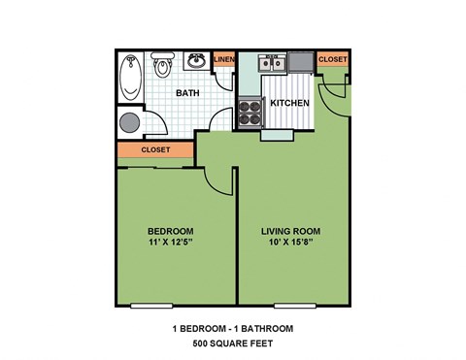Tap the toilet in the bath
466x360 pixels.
(162, 66)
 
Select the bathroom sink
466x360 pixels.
(196, 61)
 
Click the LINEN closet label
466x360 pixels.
(223, 60)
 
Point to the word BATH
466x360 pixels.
(187, 93)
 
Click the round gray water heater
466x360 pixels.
(129, 122)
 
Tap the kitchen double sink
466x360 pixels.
(272, 64)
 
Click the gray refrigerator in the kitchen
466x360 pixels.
(300, 62)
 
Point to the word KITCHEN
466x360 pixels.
(289, 103)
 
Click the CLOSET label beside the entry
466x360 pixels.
(332, 60)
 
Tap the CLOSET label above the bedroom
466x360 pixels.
(155, 150)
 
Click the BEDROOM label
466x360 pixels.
(171, 231)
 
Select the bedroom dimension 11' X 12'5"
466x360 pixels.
(171, 245)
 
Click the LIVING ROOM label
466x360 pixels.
(291, 231)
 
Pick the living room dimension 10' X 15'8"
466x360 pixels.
(291, 245)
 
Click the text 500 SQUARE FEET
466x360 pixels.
(232, 344)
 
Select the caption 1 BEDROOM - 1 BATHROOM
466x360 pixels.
(232, 329)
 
